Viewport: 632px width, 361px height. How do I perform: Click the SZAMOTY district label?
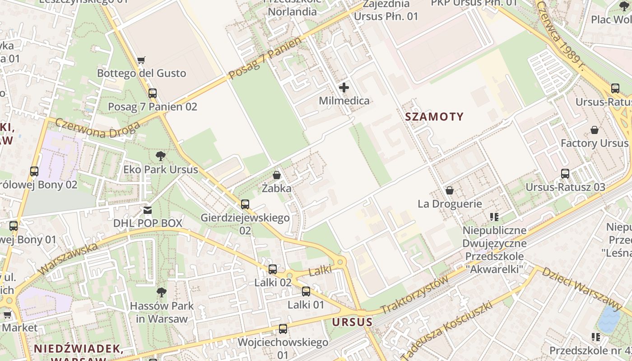(434, 117)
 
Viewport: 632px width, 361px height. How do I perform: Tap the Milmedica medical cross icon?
(344, 88)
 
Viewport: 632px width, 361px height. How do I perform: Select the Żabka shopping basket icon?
(276, 175)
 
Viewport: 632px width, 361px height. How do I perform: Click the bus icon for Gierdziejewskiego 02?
(245, 204)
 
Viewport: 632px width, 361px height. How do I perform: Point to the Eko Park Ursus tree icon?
(160, 157)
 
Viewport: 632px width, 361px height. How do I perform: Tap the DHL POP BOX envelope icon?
(148, 210)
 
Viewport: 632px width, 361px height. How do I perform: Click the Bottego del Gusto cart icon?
(141, 60)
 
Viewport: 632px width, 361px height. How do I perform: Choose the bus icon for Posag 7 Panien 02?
(153, 93)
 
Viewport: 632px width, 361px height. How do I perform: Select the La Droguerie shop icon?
(449, 190)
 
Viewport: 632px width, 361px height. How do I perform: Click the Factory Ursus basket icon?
(595, 130)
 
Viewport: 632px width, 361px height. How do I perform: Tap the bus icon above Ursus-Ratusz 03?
(565, 173)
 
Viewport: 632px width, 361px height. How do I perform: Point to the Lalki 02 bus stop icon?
(273, 269)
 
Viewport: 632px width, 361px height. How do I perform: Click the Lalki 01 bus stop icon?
(306, 292)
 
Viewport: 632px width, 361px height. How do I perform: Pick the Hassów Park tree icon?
(161, 292)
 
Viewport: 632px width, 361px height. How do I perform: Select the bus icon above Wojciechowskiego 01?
(283, 329)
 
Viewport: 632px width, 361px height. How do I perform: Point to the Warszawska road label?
(68, 259)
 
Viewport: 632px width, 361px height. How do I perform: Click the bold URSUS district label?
(353, 322)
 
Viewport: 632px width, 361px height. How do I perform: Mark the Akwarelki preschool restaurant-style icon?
(494, 217)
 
